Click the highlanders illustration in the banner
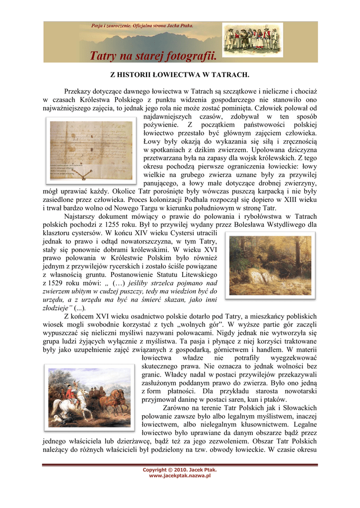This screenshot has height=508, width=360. pos(252,39)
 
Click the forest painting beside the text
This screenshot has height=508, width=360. pos(270,265)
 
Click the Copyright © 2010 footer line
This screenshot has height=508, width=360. pos(180,469)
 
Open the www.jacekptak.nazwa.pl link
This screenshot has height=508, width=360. pos(180,475)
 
